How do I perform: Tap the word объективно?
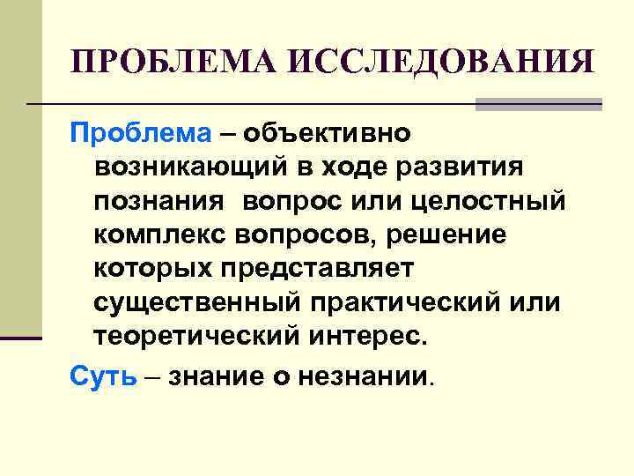(328, 135)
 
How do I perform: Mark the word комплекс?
(166, 235)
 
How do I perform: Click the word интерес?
(368, 336)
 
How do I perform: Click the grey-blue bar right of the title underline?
(538, 104)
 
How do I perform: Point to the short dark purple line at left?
(21, 338)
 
